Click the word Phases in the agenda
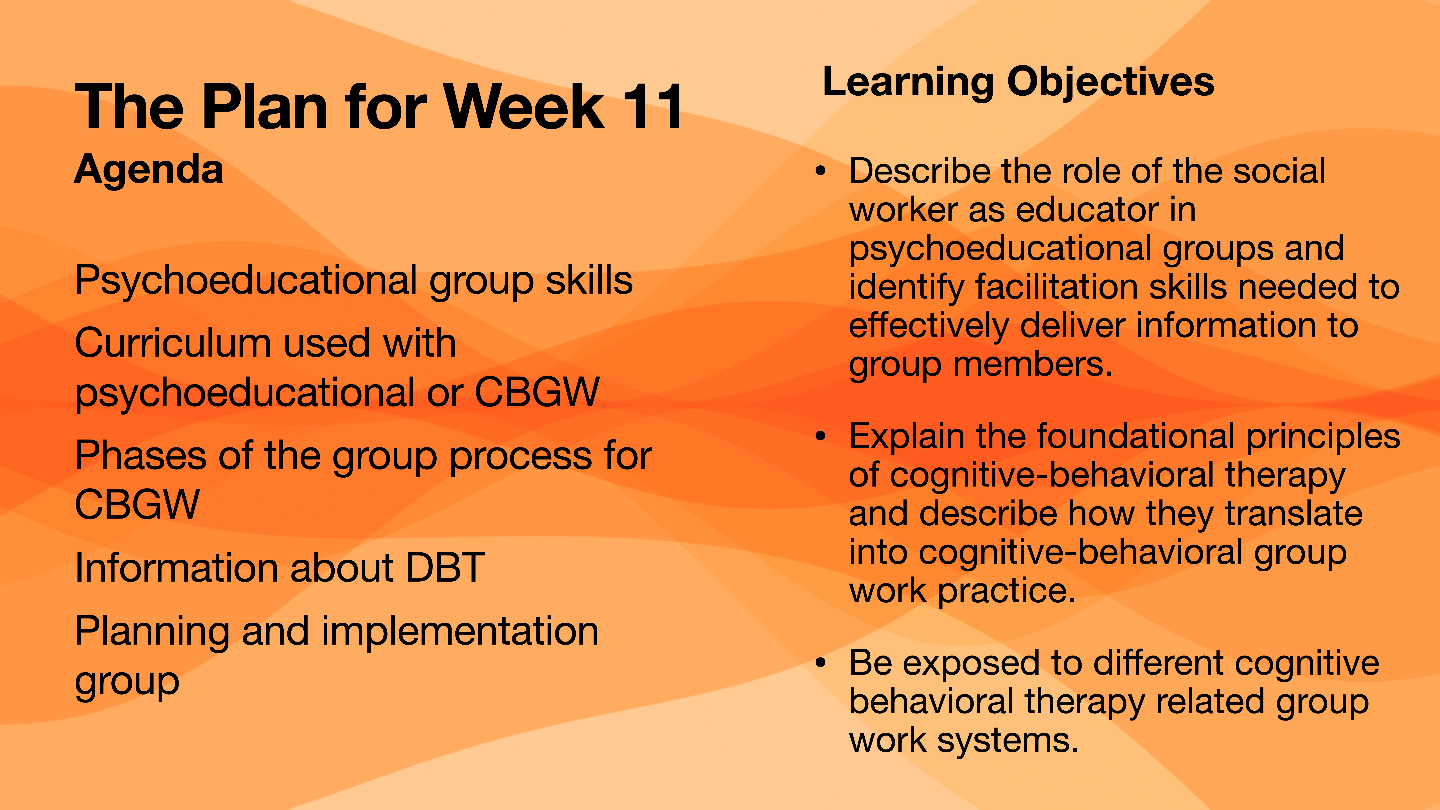pos(140,456)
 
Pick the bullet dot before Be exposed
pos(820,663)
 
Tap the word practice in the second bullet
pos(1006,591)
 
